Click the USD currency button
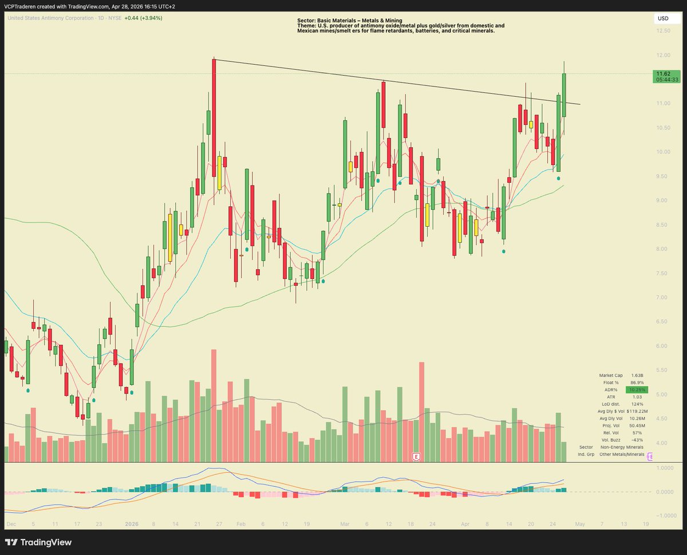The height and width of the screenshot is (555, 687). tap(664, 19)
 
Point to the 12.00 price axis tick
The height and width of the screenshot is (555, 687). tap(664, 55)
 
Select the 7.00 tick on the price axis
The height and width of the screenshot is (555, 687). tap(664, 297)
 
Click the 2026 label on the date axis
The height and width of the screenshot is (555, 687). tap(132, 524)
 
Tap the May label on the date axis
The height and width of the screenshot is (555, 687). tap(580, 524)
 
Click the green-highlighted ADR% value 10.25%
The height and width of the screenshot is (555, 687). tap(635, 389)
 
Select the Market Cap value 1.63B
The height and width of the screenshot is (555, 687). tap(635, 375)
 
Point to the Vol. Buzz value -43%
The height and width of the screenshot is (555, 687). tap(636, 439)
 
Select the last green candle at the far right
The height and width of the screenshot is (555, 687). tap(564, 95)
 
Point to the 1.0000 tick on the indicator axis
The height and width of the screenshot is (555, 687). tap(663, 468)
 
